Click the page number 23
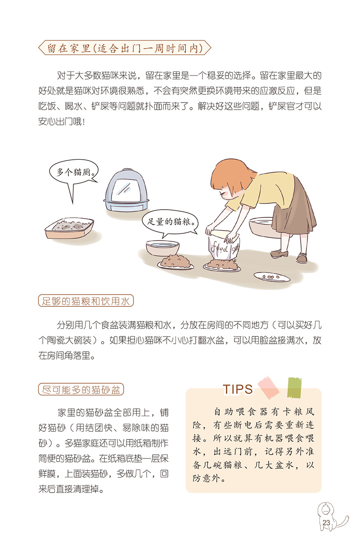pos(326,523)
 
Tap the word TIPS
pos(238,389)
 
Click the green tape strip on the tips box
pos(294,387)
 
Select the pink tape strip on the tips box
pos(269,388)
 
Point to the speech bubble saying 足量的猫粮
pos(170,222)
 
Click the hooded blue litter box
pos(126,190)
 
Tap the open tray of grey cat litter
pos(69,228)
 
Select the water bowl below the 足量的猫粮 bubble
pos(162,248)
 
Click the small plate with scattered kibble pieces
pos(272,277)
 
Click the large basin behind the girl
pos(262,227)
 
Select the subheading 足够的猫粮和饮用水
pos(86,301)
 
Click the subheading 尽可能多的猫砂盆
pos(81,389)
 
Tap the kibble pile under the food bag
pos(222,265)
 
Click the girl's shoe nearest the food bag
pos(279,254)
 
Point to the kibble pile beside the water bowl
pos(175,261)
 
